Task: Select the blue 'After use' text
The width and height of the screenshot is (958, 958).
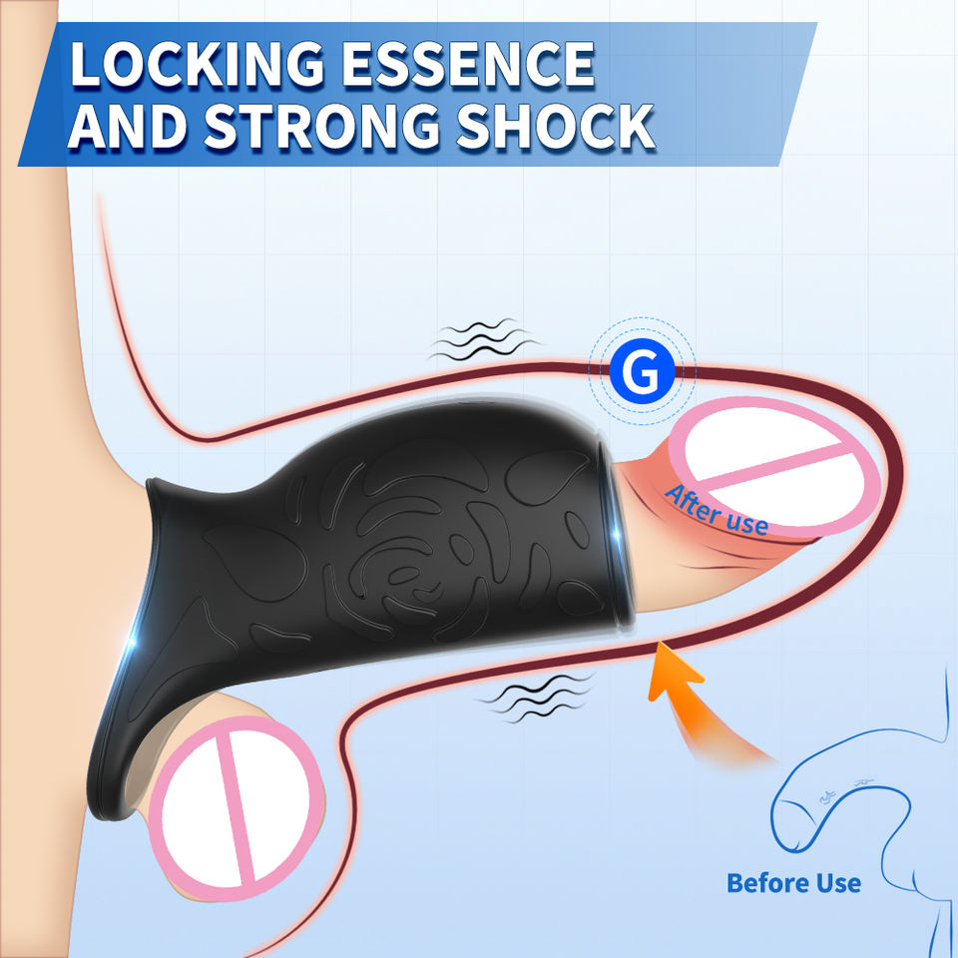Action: click(716, 510)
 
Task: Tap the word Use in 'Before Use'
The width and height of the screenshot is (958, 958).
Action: click(836, 883)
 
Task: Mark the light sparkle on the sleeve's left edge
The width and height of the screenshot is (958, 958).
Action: click(133, 650)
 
